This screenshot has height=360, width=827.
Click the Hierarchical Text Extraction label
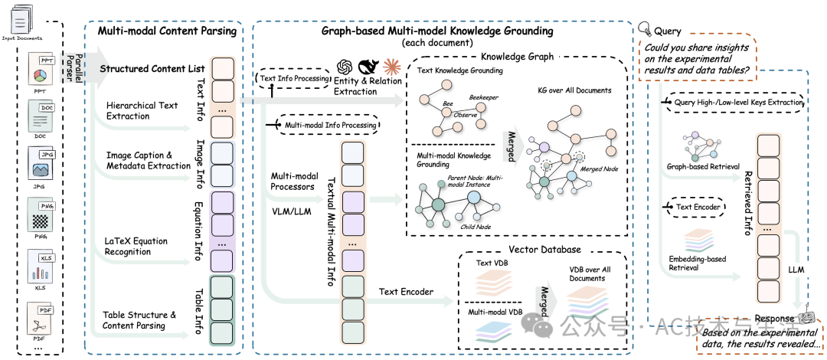click(x=142, y=111)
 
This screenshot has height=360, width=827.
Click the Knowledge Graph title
click(x=518, y=57)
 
